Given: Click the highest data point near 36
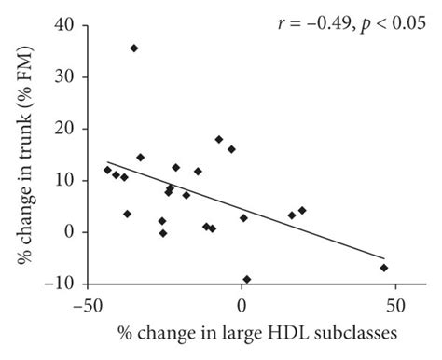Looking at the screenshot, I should (134, 48).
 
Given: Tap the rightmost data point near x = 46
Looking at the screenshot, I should (383, 268).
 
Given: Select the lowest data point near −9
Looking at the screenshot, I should (246, 279).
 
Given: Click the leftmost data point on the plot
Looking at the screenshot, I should (107, 170).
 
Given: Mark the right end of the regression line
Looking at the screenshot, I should (383, 258).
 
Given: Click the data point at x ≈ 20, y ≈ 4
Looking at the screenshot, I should (301, 210).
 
